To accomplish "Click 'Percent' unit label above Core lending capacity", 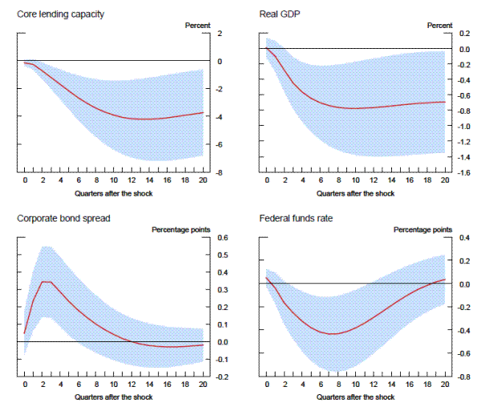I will (x=198, y=25).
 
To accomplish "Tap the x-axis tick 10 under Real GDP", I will (x=356, y=182).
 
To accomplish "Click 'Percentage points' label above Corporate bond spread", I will (x=182, y=230).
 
